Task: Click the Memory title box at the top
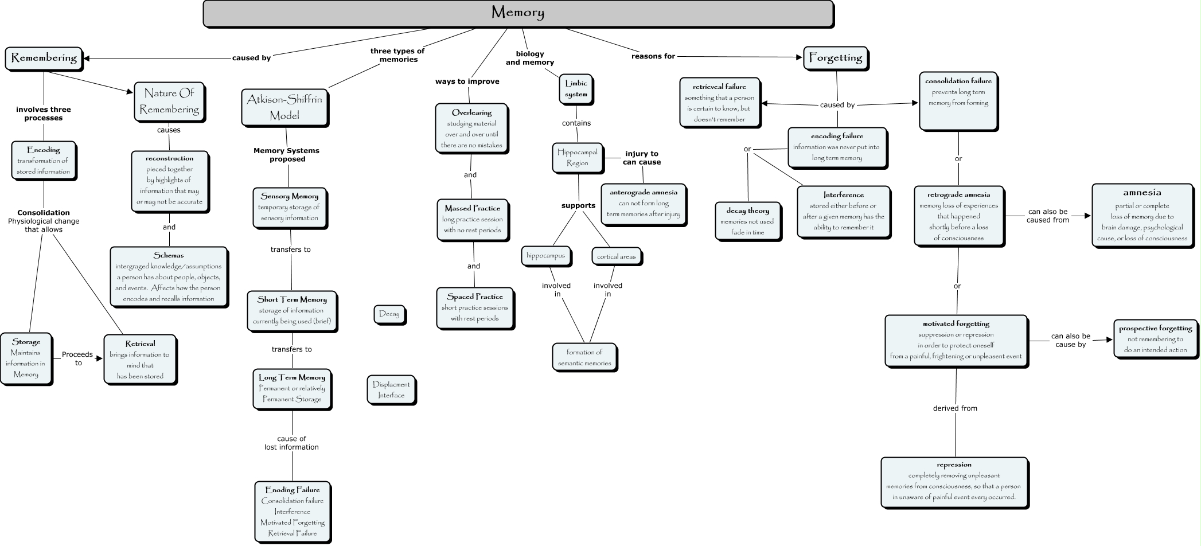click(518, 13)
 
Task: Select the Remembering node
click(44, 58)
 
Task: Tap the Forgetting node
click(835, 58)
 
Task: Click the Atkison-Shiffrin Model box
click(284, 107)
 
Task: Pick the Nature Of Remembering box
click(169, 101)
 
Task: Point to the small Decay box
click(389, 314)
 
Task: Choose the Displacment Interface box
click(391, 390)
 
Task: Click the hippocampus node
click(545, 256)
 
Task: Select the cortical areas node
click(616, 256)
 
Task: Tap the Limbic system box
click(576, 89)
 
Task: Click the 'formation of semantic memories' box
click(584, 357)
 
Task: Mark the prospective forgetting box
click(1155, 339)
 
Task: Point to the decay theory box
click(747, 221)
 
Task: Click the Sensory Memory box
click(289, 207)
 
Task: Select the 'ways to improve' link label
click(467, 81)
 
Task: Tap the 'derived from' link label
click(955, 408)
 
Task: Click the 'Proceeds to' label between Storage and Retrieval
click(77, 358)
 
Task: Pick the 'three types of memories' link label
click(397, 55)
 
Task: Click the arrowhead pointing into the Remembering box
click(87, 58)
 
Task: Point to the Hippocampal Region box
click(578, 158)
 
